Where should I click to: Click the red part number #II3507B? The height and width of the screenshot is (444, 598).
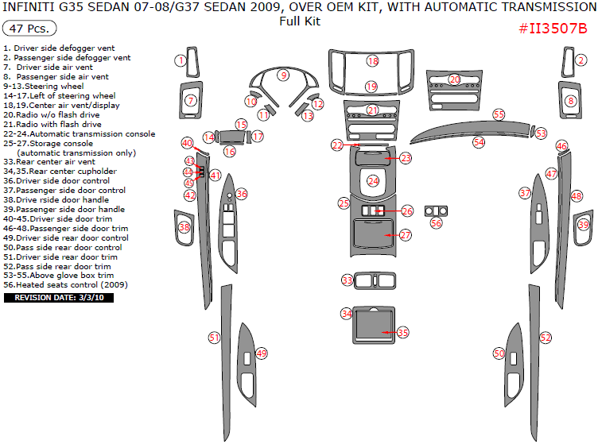coord(553,29)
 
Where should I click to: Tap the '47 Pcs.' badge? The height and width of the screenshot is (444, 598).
coord(29,29)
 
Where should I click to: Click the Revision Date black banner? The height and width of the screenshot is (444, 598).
coord(60,298)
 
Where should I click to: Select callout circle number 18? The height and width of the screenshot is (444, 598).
coord(372,61)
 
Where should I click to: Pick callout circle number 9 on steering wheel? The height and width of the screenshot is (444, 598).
coord(282,75)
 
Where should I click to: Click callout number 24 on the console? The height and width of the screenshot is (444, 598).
coord(373,181)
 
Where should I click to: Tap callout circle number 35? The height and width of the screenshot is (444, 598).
coord(402,332)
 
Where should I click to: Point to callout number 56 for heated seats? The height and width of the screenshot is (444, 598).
coord(436,223)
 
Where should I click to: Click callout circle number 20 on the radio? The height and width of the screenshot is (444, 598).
coord(454,79)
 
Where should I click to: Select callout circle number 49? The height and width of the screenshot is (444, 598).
coord(261,353)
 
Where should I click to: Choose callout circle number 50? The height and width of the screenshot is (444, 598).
coord(499,353)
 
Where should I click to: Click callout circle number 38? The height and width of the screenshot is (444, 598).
coord(184,227)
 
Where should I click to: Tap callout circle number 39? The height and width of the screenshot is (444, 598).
coord(583,226)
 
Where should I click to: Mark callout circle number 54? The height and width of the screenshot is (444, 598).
coord(479,142)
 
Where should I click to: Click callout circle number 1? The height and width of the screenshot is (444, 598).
coord(181,60)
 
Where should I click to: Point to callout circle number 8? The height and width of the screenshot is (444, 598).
coord(571,101)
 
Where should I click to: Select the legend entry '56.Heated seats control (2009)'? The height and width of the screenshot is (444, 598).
coord(65,284)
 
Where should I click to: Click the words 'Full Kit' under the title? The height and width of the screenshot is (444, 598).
coord(300,21)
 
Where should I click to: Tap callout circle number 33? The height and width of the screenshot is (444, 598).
coord(347,280)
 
